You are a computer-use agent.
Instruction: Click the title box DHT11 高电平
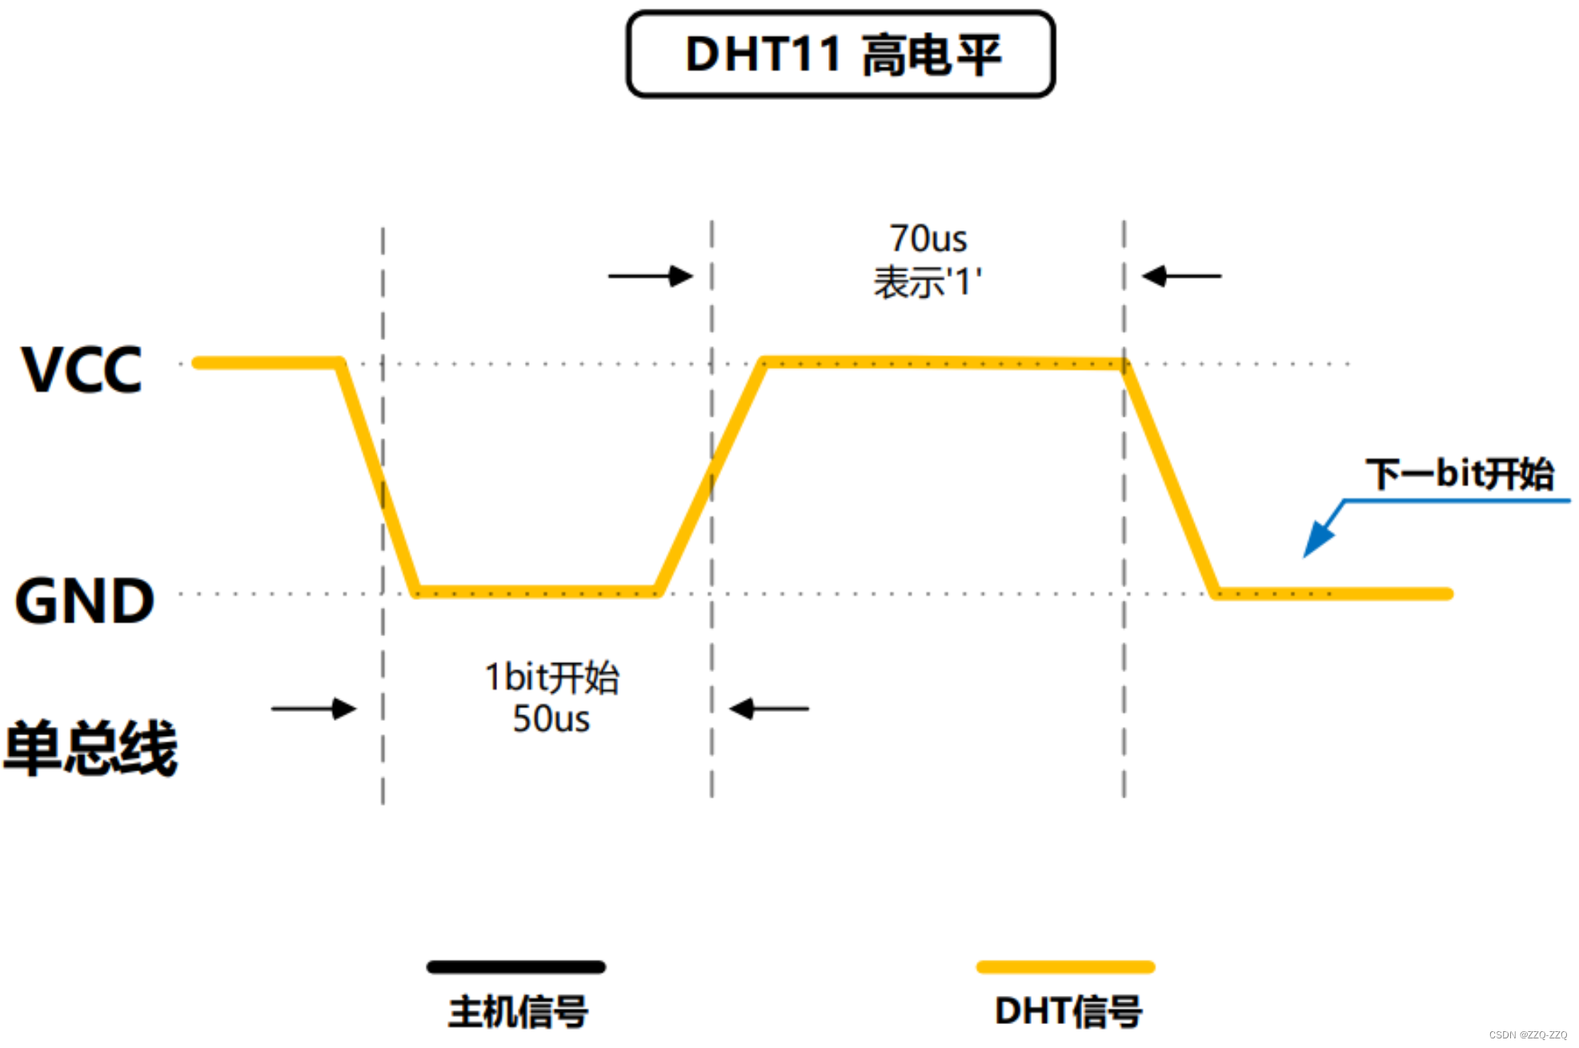coord(840,54)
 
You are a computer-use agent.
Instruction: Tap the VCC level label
coord(82,370)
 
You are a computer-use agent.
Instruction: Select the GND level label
coord(84,601)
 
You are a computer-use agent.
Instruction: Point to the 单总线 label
coord(90,748)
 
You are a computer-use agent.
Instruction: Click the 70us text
coord(928,238)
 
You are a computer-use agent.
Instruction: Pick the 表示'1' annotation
coord(928,282)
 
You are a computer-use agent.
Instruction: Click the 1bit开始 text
coord(551,678)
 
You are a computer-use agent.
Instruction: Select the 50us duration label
coord(551,718)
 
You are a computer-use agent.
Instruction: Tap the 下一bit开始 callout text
coord(1459,474)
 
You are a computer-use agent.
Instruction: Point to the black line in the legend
coord(516,967)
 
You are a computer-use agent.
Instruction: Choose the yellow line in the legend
coord(1065,967)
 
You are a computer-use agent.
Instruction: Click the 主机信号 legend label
coord(518,1012)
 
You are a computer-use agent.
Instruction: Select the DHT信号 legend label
coord(1068,1012)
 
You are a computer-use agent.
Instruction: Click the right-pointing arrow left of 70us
coord(650,276)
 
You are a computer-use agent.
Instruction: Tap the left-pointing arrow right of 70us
coord(1181,276)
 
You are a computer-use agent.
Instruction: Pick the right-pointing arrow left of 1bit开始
coord(314,709)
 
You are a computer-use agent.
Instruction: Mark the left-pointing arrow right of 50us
coord(769,709)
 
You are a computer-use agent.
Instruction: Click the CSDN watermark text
coord(1527,1035)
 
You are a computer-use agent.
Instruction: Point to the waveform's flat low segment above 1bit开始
coord(536,593)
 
